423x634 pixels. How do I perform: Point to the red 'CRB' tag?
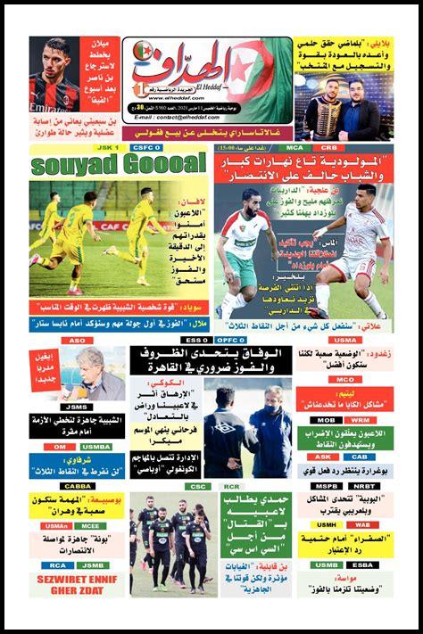click(329, 147)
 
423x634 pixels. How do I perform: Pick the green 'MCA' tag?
click(294, 147)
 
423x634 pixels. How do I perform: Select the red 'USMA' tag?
click(344, 340)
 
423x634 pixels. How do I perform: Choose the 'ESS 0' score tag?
click(193, 340)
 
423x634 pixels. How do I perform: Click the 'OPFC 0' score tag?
click(230, 340)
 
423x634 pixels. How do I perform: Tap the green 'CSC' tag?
click(198, 486)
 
